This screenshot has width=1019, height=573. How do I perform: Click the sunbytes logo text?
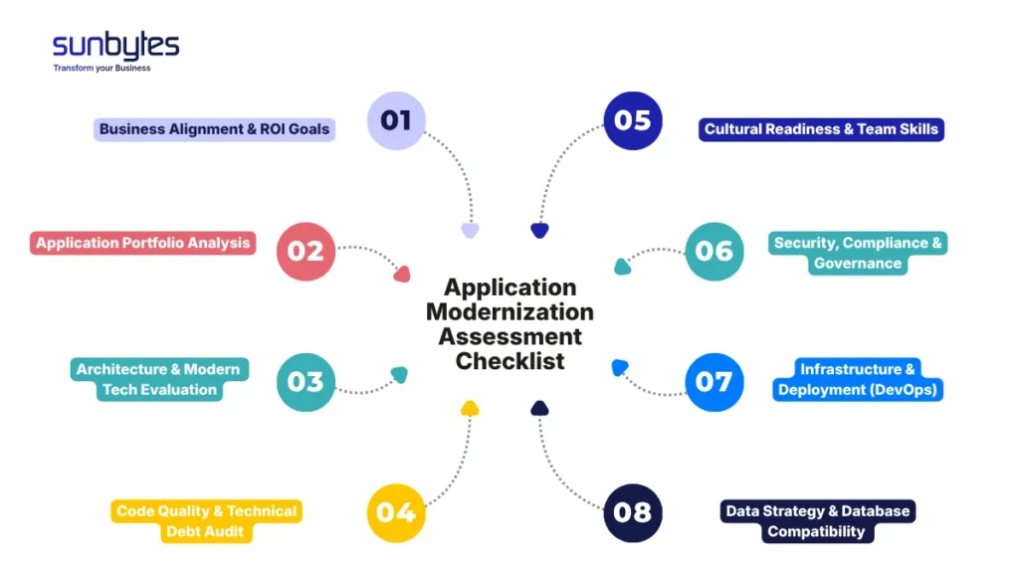click(x=115, y=46)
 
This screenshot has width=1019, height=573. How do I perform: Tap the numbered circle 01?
click(x=396, y=120)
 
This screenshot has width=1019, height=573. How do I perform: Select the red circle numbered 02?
click(x=306, y=251)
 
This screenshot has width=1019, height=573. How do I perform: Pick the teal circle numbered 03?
click(x=306, y=382)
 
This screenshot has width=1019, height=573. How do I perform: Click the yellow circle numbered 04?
click(x=396, y=512)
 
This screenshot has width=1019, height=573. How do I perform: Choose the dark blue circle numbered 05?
click(x=632, y=120)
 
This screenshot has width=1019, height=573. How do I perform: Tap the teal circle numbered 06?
click(x=714, y=251)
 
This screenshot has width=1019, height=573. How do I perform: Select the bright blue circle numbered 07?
click(x=714, y=382)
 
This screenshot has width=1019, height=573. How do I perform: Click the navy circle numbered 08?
click(x=632, y=512)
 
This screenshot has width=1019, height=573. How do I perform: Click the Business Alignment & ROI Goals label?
click(x=214, y=129)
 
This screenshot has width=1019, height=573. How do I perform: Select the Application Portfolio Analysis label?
click(x=143, y=243)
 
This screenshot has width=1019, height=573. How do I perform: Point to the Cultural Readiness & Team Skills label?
click(x=821, y=129)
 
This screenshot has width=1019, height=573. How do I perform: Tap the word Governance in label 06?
click(x=858, y=264)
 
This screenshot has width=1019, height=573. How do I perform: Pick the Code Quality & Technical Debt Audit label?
click(x=206, y=521)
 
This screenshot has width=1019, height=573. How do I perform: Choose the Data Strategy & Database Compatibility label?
click(x=817, y=521)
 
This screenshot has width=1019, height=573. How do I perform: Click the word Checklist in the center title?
click(x=509, y=361)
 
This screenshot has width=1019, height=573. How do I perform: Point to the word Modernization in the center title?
click(x=509, y=311)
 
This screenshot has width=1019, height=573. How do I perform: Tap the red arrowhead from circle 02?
click(x=401, y=274)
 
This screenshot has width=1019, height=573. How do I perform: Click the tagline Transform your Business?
click(x=102, y=69)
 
